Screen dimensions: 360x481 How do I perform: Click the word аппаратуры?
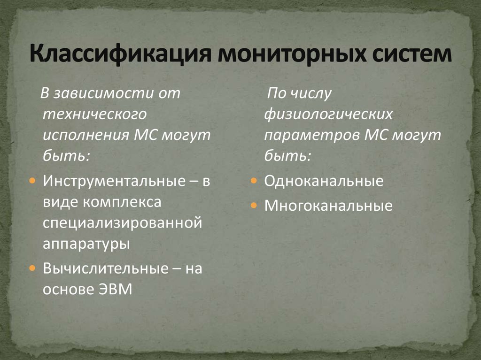[86, 244]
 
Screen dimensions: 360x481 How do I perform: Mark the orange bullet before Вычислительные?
[31, 268]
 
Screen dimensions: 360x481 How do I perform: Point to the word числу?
[311, 93]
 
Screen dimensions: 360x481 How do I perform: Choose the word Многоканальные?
[328, 206]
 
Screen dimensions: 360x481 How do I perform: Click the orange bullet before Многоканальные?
[253, 206]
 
